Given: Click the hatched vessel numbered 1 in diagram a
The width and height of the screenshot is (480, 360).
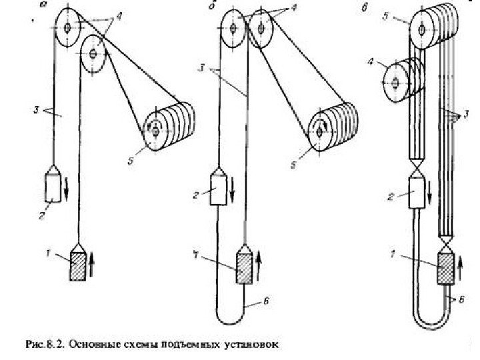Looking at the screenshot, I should [78, 265].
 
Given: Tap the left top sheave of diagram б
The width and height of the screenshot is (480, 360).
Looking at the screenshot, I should [233, 29].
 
